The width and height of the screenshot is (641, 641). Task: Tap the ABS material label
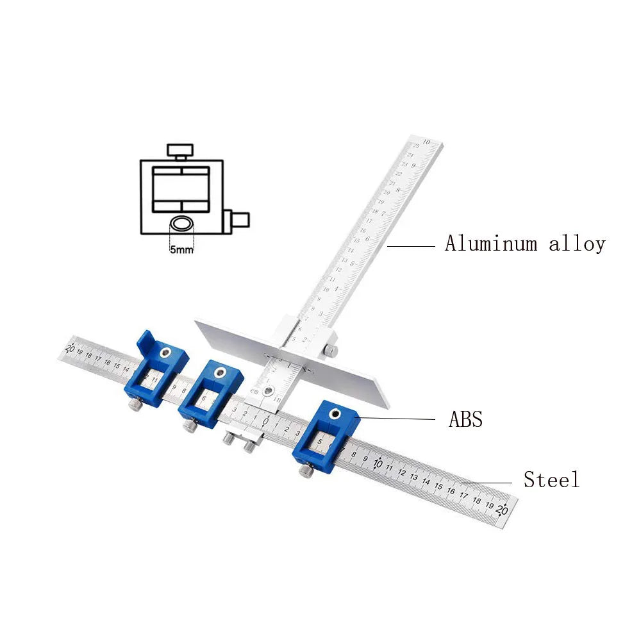click(465, 420)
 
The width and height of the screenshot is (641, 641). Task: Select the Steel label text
click(551, 479)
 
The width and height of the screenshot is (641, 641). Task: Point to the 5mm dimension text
click(181, 250)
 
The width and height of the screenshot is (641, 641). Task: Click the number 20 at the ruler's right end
click(503, 510)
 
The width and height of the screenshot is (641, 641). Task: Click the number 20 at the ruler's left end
click(71, 348)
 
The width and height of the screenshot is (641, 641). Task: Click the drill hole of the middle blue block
click(222, 372)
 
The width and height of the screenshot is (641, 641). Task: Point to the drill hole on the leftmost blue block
click(166, 351)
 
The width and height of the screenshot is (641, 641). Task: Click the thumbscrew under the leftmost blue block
click(136, 406)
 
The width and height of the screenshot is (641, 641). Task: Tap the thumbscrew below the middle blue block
click(190, 426)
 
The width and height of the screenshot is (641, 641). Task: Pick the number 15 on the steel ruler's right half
click(440, 487)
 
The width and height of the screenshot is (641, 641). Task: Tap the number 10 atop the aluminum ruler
click(427, 141)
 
